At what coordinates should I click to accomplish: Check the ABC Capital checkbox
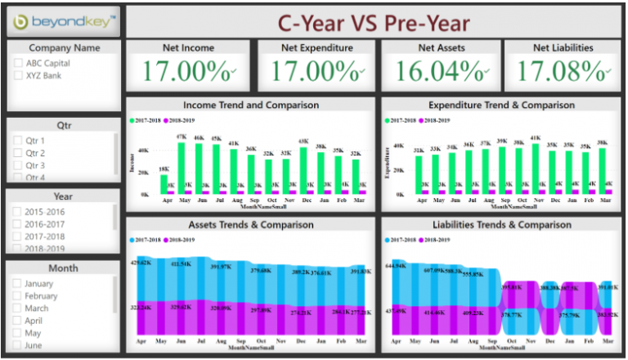18,63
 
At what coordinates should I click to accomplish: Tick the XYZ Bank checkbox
18,76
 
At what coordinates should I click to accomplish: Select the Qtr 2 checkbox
18,153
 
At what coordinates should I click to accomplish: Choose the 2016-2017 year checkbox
18,224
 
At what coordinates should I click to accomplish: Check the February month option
18,296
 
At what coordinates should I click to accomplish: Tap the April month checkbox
18,321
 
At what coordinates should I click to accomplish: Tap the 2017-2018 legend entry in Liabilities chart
406,240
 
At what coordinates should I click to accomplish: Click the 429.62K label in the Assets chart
141,263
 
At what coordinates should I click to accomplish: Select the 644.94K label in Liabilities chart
396,265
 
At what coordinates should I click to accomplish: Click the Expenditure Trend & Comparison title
501,105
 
